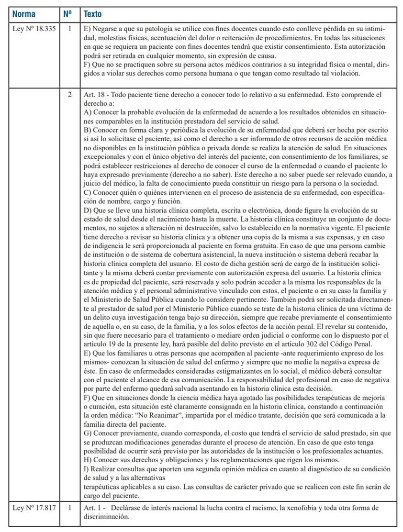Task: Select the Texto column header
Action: tap(92, 14)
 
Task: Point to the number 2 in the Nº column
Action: tap(70, 95)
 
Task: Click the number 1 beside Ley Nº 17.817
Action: tap(70, 507)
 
